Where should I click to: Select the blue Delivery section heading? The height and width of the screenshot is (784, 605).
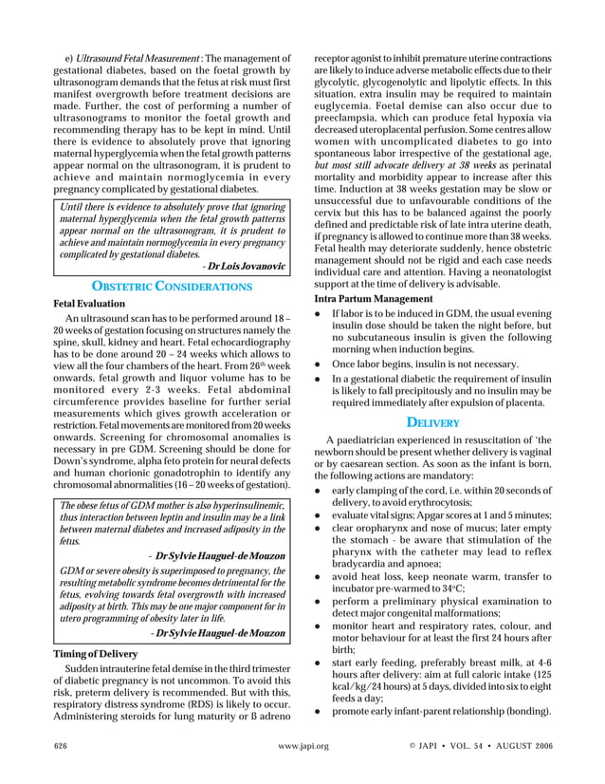coord(433,421)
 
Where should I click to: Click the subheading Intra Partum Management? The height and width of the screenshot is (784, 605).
coord(373,299)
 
